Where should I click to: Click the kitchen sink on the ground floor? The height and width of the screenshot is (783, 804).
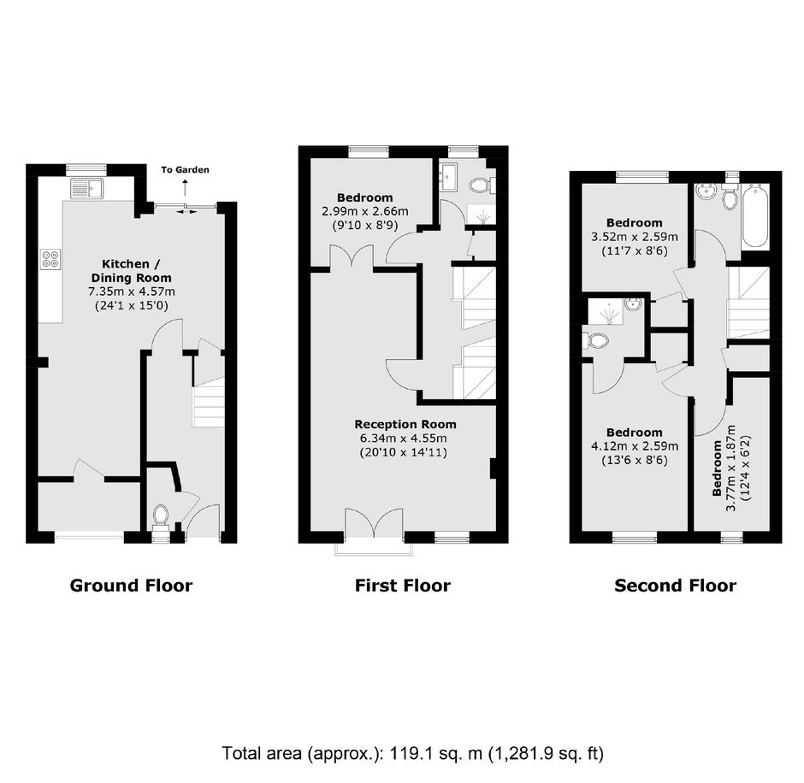pyautogui.click(x=87, y=188)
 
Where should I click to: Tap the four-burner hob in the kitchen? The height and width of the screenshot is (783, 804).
pyautogui.click(x=50, y=258)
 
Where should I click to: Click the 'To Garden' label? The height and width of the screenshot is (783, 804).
pyautogui.click(x=185, y=169)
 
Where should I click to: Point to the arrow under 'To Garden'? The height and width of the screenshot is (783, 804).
pyautogui.click(x=185, y=188)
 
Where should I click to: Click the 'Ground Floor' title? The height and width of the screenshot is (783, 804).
pyautogui.click(x=131, y=586)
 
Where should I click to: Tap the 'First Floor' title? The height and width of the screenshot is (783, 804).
pyautogui.click(x=403, y=586)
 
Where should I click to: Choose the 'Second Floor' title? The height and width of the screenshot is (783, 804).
pyautogui.click(x=676, y=586)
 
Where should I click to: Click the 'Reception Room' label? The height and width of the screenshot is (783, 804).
pyautogui.click(x=405, y=424)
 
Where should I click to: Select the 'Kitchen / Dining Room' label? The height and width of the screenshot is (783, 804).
pyautogui.click(x=131, y=271)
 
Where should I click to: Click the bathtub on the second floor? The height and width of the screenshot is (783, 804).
pyautogui.click(x=756, y=217)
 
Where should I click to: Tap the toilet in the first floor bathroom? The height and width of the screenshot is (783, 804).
pyautogui.click(x=480, y=185)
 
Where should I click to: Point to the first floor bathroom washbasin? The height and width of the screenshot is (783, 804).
pyautogui.click(x=450, y=177)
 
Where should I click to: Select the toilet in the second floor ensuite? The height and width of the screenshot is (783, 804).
pyautogui.click(x=596, y=341)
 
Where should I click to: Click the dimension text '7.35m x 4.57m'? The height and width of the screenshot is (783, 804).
pyautogui.click(x=131, y=292)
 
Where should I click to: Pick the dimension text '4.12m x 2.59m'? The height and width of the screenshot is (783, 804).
pyautogui.click(x=635, y=446)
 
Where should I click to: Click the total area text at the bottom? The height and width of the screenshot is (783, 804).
pyautogui.click(x=413, y=753)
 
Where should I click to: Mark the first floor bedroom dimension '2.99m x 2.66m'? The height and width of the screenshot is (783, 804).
pyautogui.click(x=365, y=211)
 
